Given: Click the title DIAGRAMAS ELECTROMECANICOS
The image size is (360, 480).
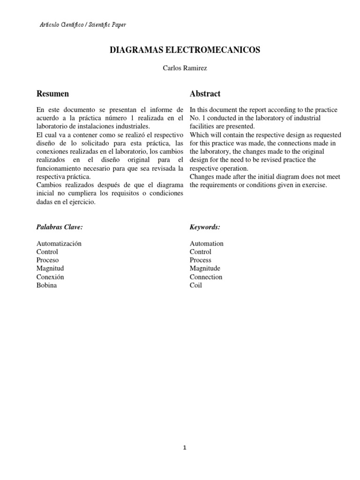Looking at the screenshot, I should (185, 50).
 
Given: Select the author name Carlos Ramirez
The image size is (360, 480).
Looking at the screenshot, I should (184, 68).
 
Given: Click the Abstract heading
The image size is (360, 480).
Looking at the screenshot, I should (205, 94).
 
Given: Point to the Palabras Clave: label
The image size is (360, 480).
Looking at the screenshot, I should (60, 227).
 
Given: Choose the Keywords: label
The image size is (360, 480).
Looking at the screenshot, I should (205, 227).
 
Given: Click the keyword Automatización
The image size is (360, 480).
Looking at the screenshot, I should (59, 243).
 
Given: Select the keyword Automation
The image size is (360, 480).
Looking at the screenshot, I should (206, 243).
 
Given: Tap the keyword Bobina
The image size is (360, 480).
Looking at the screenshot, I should (46, 285).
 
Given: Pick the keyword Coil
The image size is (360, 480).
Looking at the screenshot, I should (196, 285).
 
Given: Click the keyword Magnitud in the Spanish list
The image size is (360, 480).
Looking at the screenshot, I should (50, 268).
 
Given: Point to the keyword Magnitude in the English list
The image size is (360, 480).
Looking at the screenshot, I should (205, 268).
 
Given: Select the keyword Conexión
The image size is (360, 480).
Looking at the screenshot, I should (50, 277).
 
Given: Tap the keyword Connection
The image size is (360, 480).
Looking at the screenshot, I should (206, 277).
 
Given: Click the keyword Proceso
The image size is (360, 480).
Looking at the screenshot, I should (47, 260).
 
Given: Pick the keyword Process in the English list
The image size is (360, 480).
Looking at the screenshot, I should (200, 260).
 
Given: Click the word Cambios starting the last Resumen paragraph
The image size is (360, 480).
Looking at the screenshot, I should (48, 185).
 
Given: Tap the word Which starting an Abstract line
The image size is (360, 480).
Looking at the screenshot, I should (198, 135).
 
